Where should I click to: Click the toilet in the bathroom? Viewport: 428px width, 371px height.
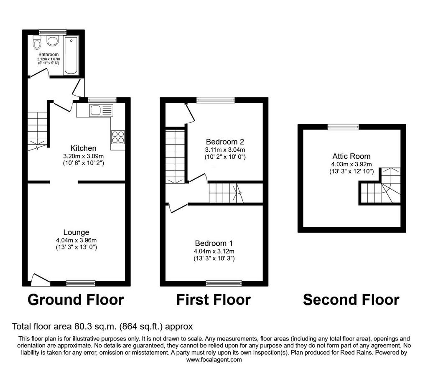coord(37,42)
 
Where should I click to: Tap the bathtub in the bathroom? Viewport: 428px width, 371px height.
coord(71,56)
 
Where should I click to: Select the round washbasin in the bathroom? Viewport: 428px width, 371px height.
coord(52,41)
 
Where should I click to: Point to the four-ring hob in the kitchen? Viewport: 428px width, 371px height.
coord(118,137)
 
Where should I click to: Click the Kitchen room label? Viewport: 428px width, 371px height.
coord(83,148)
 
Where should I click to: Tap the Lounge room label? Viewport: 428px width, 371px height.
coord(76,232)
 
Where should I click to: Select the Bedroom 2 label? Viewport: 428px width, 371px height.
coord(225,142)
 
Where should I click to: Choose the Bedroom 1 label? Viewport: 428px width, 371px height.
coord(214,243)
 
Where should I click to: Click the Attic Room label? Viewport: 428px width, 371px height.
coord(351,156)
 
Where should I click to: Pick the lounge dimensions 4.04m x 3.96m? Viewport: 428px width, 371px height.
coord(76,240)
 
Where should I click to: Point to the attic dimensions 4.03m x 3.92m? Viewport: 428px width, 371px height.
coord(351,164)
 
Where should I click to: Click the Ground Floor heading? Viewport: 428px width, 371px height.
coord(76,300)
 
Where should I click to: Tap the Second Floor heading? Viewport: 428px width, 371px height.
coord(351,300)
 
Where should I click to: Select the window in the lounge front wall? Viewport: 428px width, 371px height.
coord(81,283)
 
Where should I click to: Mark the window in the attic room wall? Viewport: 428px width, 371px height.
coord(344,127)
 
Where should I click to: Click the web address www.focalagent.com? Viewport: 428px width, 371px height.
coord(214,360)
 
